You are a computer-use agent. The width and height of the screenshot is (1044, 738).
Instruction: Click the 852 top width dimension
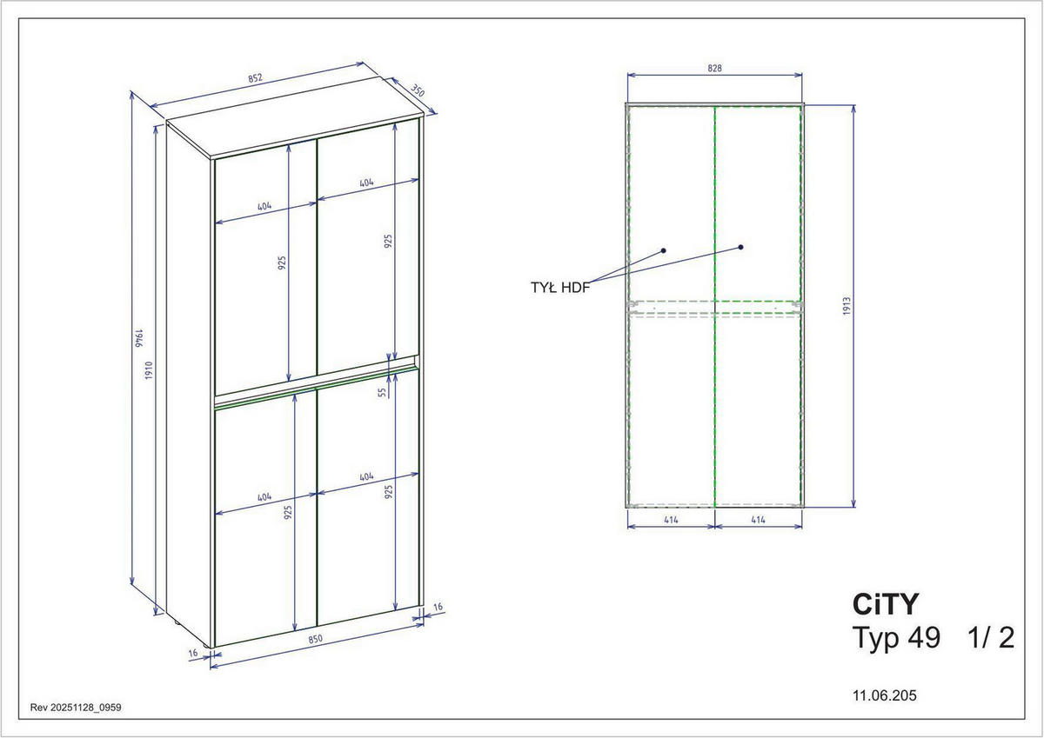tap(256, 77)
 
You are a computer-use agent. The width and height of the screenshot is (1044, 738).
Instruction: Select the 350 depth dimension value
tap(417, 90)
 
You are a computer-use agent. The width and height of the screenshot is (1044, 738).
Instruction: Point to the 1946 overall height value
tap(139, 338)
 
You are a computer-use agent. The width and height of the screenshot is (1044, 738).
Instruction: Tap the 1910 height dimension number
tap(149, 370)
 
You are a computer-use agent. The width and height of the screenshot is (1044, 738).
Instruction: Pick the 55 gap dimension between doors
tap(383, 393)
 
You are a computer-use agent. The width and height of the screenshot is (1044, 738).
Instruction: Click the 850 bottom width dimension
tap(316, 639)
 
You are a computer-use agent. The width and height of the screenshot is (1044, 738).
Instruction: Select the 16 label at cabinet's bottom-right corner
tap(438, 607)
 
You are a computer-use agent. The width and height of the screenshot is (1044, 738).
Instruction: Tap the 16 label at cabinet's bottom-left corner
tap(193, 654)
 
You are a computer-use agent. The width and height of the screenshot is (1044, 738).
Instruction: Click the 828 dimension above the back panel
tap(714, 68)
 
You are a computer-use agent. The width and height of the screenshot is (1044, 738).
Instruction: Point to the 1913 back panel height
tap(847, 306)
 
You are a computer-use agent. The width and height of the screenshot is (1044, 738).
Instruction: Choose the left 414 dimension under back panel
tap(671, 520)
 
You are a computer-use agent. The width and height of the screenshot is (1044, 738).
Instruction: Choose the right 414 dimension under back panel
tap(759, 520)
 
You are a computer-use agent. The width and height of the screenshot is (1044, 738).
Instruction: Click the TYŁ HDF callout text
tap(560, 288)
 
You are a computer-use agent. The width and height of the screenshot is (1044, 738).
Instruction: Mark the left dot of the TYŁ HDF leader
tap(663, 250)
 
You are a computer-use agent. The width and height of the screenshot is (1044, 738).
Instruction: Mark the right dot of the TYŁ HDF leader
tap(741, 247)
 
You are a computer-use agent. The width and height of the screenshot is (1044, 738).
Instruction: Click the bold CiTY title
tap(885, 604)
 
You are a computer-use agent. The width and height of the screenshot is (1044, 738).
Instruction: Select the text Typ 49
tap(896, 638)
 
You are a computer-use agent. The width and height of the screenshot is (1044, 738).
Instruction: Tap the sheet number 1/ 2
tap(990, 638)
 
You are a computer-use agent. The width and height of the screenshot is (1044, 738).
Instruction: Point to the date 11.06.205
tap(885, 695)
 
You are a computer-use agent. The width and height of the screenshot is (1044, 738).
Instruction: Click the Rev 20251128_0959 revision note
tap(76, 708)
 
